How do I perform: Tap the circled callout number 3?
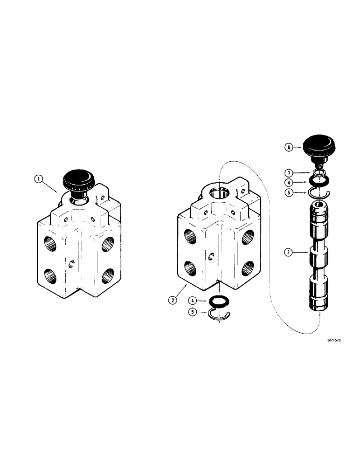(289, 253)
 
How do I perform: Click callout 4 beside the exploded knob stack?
(289, 183)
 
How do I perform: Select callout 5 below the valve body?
(193, 313)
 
